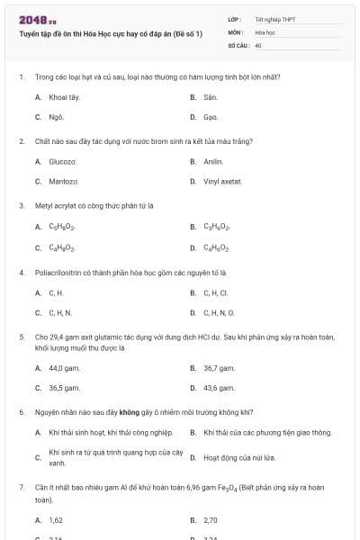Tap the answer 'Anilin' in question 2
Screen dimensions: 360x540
point(212,162)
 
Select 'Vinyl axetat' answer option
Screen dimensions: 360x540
point(222,182)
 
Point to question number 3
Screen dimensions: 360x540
point(21,205)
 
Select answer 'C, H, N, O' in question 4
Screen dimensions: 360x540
point(219,313)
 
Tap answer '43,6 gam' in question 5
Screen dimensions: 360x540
point(220,388)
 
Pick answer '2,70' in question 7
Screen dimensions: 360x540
point(211,520)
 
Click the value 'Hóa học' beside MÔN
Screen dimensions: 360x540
point(265,31)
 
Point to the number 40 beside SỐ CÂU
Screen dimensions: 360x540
point(258,44)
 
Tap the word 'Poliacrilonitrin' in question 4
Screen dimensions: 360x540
point(56,271)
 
